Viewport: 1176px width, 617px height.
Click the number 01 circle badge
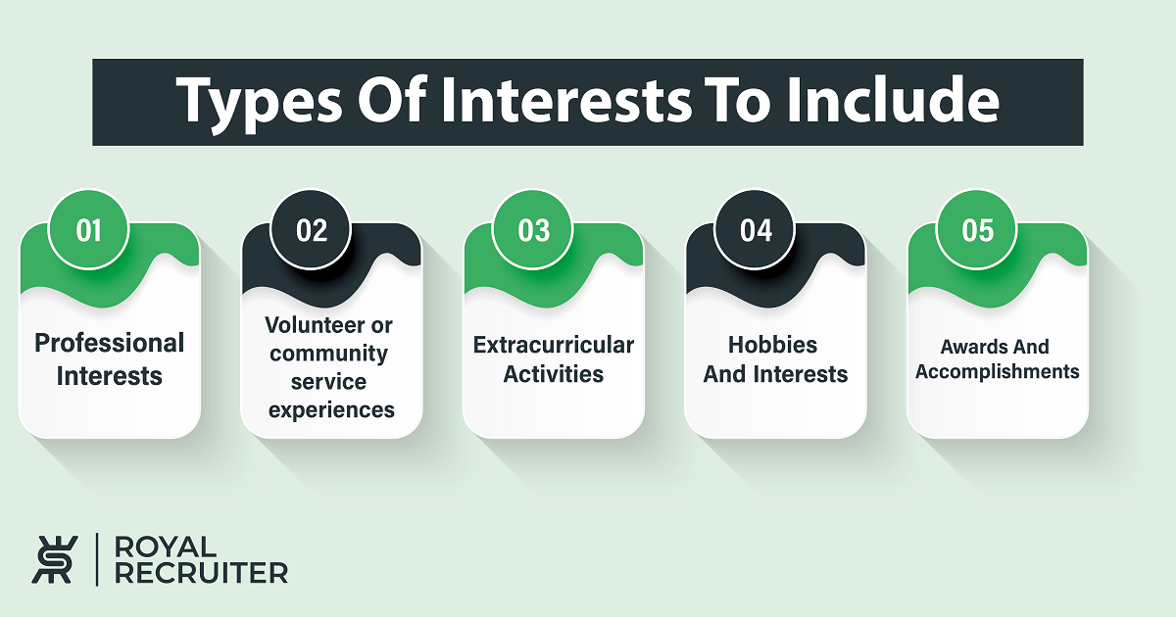(88, 229)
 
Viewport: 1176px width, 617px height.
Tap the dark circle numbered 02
(311, 229)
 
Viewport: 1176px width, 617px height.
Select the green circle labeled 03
(533, 229)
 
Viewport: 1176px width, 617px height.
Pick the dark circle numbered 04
(755, 229)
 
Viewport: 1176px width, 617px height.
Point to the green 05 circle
(977, 229)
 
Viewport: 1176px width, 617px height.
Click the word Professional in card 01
(109, 343)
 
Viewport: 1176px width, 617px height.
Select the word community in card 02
(328, 354)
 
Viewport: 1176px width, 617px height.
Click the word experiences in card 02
(331, 410)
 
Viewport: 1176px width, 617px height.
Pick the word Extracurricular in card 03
(554, 345)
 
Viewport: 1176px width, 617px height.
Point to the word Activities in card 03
(554, 374)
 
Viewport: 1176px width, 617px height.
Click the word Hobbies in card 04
(772, 345)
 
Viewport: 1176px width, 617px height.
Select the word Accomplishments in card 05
(997, 371)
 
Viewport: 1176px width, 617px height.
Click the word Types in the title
(260, 102)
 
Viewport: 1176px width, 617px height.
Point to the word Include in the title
(893, 100)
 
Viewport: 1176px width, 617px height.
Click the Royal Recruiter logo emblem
(55, 559)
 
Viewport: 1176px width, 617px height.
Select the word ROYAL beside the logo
(166, 546)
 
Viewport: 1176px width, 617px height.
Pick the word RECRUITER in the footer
(201, 573)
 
